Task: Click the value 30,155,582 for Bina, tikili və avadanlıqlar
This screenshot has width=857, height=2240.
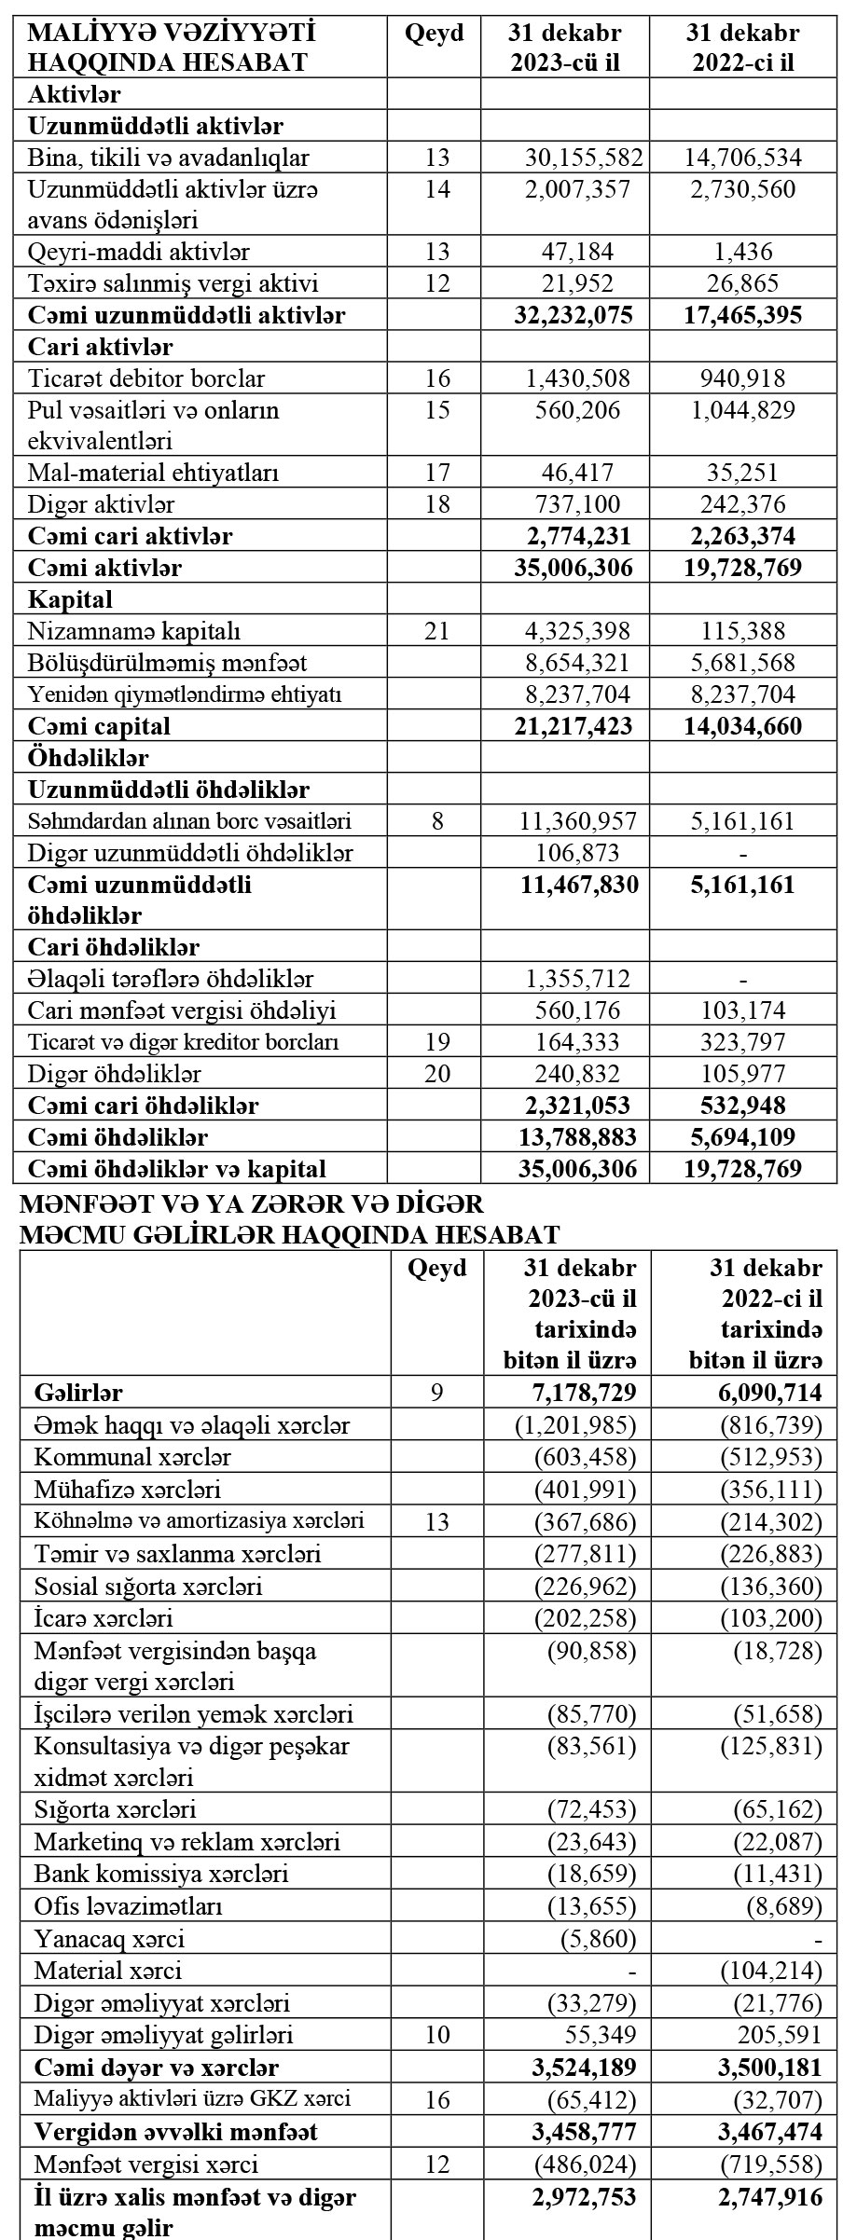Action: point(577,158)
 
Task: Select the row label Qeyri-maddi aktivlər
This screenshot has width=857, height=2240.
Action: point(139,252)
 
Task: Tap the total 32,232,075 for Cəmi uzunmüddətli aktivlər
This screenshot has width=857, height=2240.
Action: point(574,315)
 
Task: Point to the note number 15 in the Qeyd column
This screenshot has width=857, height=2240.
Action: point(436,410)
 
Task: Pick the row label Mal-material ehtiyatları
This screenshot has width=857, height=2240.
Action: point(154,473)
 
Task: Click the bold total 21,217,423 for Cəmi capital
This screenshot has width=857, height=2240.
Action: point(574,726)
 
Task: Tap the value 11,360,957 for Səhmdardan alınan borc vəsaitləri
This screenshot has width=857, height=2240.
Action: point(577,821)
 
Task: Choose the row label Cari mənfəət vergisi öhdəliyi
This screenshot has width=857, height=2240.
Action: point(182,1010)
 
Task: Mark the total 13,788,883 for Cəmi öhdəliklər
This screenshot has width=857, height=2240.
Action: point(575,1136)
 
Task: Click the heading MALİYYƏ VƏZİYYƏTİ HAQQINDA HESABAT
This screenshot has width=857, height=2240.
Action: point(168,48)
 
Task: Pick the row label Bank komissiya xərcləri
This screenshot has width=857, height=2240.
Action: point(161,1874)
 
